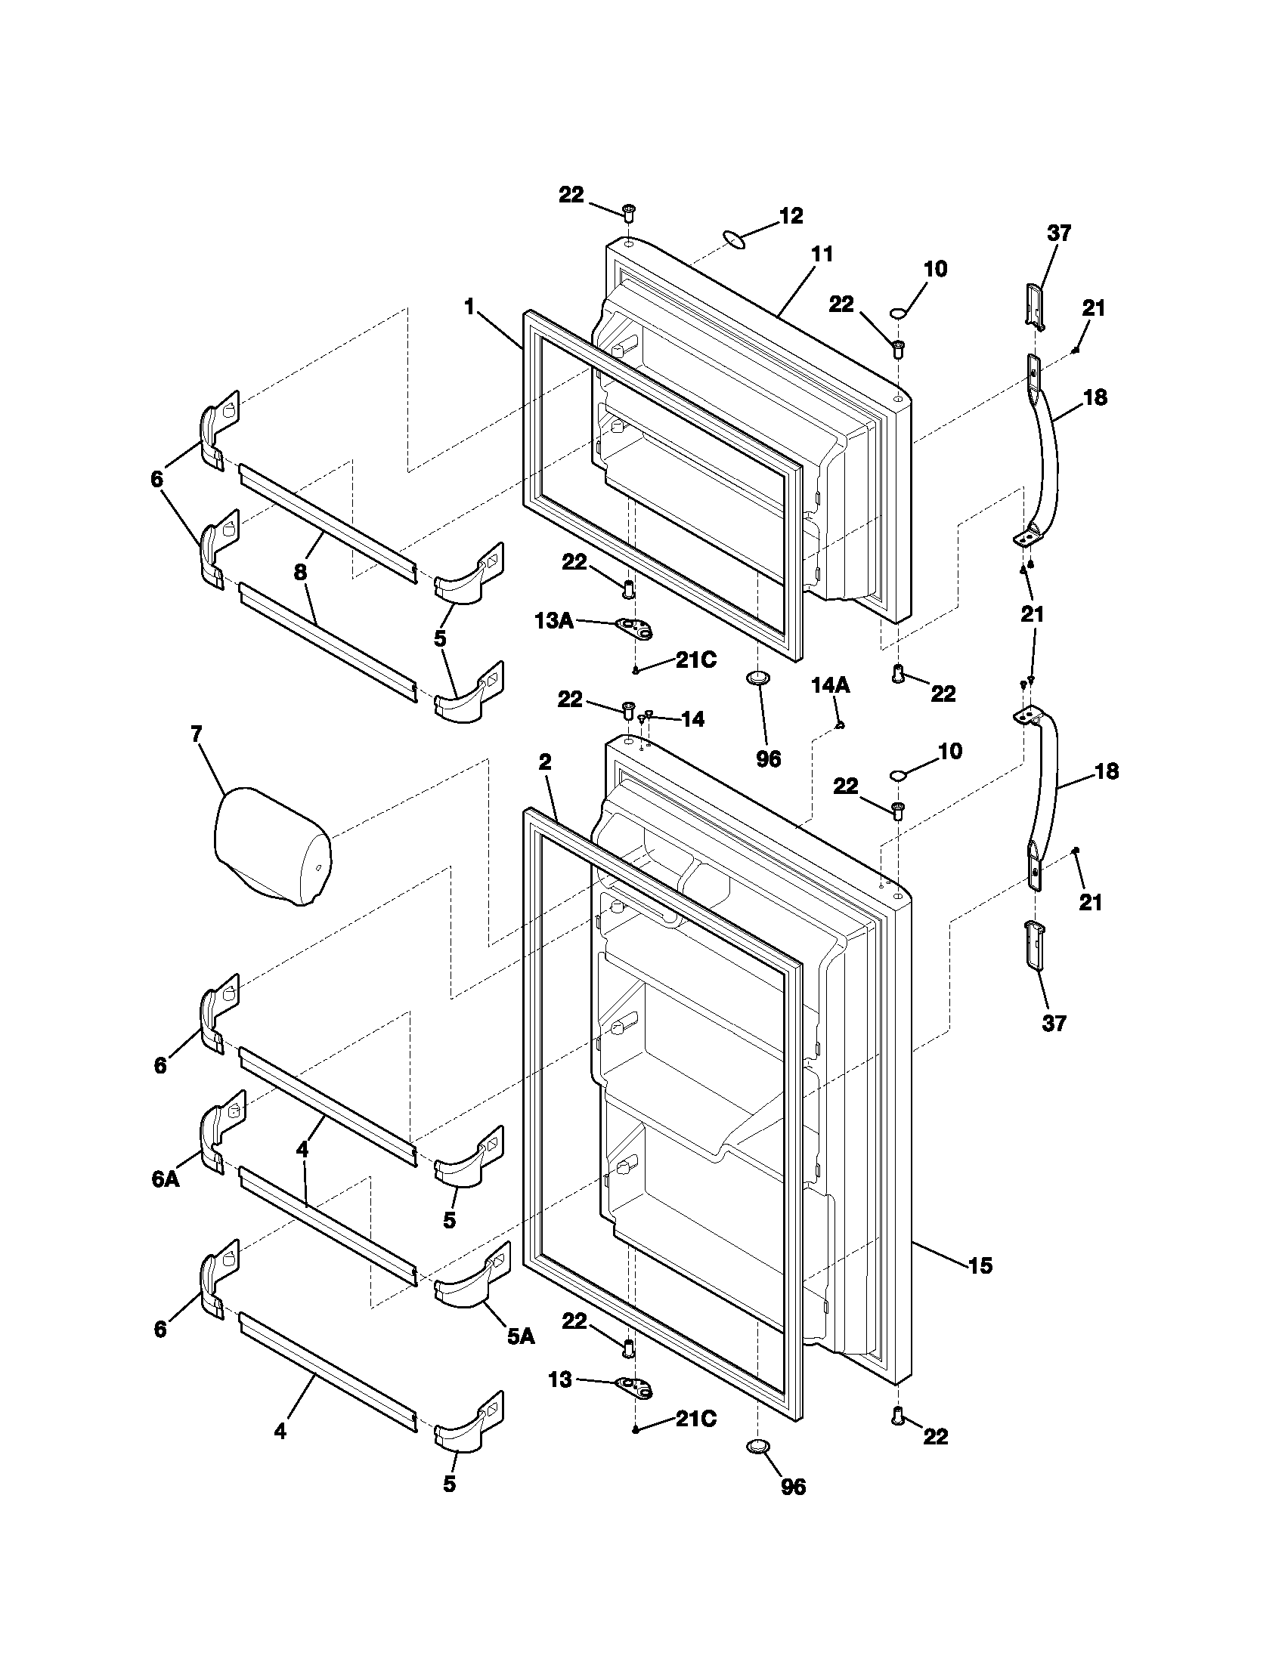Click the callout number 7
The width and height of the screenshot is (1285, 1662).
(x=197, y=734)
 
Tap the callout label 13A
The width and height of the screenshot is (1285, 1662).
(x=554, y=621)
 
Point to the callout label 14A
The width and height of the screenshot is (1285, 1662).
(x=831, y=686)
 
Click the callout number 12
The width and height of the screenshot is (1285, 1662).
(x=791, y=216)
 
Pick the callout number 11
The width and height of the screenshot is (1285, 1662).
(x=822, y=254)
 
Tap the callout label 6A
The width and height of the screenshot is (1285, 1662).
(x=166, y=1179)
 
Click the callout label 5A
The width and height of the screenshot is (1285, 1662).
(x=521, y=1335)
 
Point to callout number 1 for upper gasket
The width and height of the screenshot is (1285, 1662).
(x=469, y=307)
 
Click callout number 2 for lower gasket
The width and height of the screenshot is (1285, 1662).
(x=545, y=761)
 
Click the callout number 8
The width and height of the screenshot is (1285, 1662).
(x=300, y=573)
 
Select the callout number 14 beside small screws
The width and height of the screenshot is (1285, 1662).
(x=692, y=719)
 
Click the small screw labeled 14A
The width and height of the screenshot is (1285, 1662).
(x=838, y=725)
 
